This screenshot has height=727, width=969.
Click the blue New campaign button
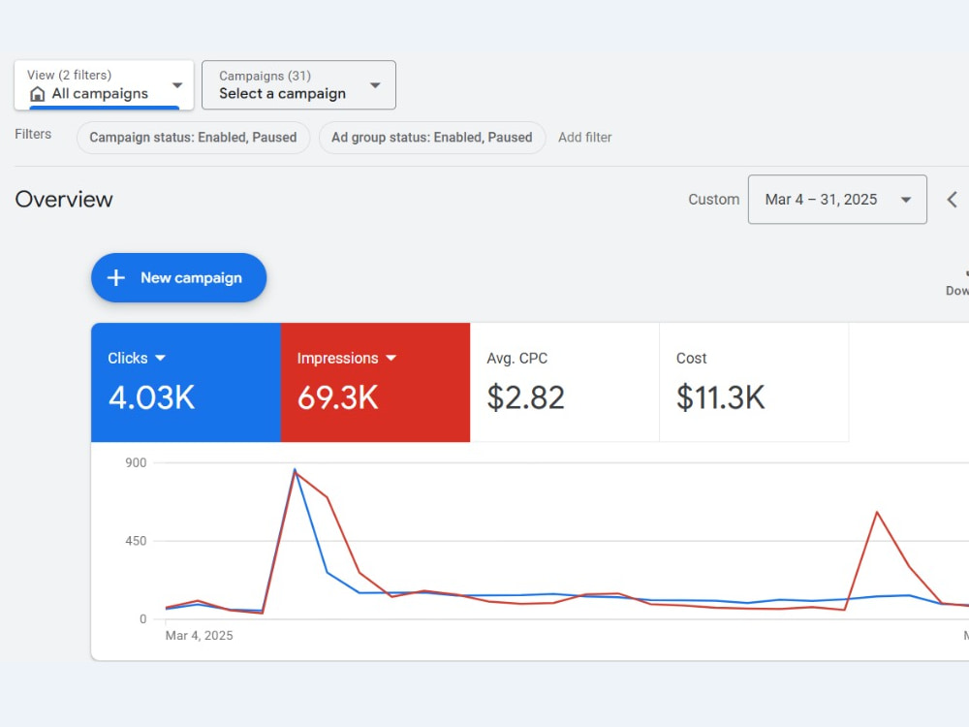[178, 277]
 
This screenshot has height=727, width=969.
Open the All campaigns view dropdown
[104, 85]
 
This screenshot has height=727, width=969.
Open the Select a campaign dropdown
[298, 85]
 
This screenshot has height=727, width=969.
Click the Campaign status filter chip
[193, 138]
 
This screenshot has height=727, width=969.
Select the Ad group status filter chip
[432, 138]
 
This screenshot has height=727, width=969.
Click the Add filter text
[584, 138]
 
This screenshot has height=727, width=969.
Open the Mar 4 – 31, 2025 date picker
[837, 199]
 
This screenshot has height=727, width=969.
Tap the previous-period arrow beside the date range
[953, 199]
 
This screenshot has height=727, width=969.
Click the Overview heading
[64, 199]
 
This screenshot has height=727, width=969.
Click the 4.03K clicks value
[152, 397]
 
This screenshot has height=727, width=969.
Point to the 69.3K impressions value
[337, 397]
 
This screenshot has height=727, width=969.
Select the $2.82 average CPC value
[526, 397]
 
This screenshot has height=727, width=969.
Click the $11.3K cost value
[721, 397]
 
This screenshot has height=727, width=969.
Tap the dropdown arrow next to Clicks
[160, 358]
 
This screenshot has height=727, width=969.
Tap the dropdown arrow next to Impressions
[391, 358]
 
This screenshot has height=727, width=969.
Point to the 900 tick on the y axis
[136, 462]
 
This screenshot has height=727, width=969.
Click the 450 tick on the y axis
[136, 541]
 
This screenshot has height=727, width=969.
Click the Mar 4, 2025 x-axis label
[199, 636]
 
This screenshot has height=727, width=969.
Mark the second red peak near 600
[877, 513]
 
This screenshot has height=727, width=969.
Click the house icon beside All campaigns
[38, 94]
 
